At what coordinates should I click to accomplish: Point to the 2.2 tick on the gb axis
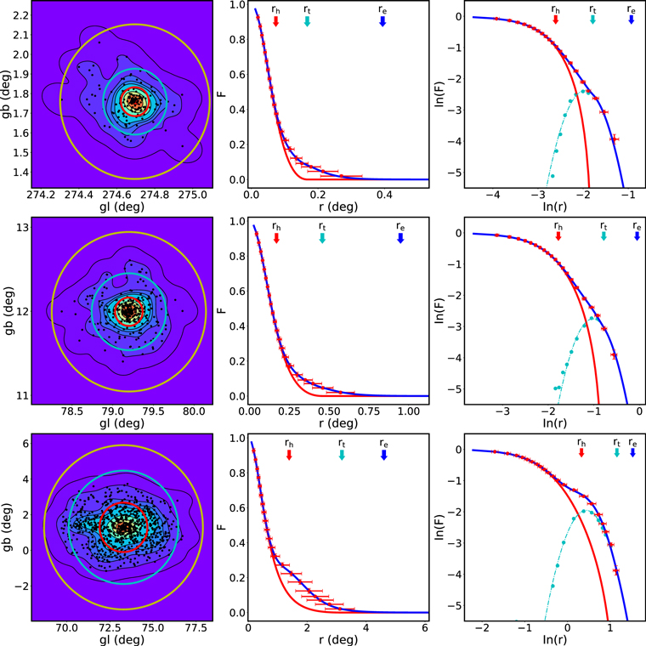click(17, 16)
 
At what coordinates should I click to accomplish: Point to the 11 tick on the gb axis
click(21, 396)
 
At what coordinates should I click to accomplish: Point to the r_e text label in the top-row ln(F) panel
click(631, 9)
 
